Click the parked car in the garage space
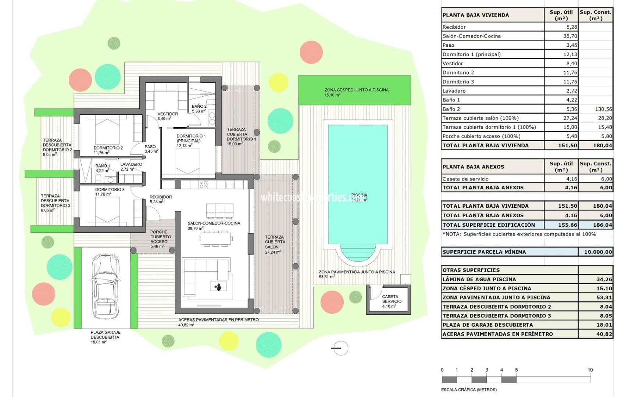coord(106,286)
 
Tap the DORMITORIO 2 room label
coord(108,148)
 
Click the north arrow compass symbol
coord(340,348)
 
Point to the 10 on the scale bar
coord(590,370)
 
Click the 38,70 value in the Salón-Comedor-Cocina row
coord(570,36)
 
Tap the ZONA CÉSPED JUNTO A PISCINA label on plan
coord(356,90)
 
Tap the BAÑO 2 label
coord(199,107)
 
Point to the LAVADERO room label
coord(131,164)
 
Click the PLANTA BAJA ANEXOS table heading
coord(473,167)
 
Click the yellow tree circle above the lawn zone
coord(278,82)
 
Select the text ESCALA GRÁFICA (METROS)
coord(469,390)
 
